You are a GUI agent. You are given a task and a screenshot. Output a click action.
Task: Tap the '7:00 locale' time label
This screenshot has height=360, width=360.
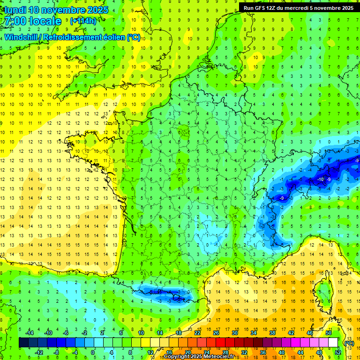click(32, 21)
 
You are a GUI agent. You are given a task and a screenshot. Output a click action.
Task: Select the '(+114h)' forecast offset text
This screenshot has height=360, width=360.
click(83, 21)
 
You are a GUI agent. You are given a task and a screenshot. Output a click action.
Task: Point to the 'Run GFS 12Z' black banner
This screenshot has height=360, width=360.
click(298, 7)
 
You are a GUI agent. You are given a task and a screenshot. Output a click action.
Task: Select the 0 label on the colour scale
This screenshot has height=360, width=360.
click(93, 352)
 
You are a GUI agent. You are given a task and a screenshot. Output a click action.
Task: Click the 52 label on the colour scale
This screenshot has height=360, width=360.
click(337, 352)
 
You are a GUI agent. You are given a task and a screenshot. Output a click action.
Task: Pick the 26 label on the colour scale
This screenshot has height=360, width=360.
click(216, 333)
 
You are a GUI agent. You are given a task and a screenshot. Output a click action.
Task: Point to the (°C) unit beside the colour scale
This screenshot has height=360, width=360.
click(349, 343)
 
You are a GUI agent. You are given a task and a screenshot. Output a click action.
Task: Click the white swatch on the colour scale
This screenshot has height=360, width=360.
click(333, 343)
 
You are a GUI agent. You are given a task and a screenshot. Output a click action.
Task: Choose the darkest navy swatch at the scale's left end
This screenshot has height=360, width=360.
click(23, 343)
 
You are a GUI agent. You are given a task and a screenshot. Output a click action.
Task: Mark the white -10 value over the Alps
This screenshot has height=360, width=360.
click(321, 180)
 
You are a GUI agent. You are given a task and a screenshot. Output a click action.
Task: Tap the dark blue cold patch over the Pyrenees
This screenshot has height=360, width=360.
click(164, 294)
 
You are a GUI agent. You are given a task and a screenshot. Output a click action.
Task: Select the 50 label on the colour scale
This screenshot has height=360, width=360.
click(328, 333)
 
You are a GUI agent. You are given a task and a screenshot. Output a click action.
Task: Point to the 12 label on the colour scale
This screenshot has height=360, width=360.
click(150, 352)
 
